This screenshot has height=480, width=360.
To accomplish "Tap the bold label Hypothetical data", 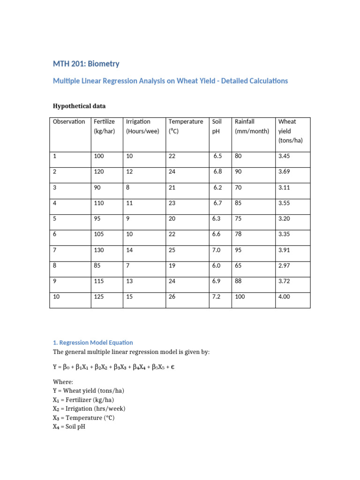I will (x=82, y=106).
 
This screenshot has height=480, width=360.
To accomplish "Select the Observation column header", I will (x=69, y=122).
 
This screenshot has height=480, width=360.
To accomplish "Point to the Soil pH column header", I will (x=217, y=127).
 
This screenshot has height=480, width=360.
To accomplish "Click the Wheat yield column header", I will (x=287, y=131).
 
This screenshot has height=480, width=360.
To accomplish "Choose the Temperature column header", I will (x=186, y=122).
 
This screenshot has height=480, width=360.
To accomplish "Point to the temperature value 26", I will (x=172, y=297).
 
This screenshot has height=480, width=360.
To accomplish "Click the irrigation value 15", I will (x=129, y=297).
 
